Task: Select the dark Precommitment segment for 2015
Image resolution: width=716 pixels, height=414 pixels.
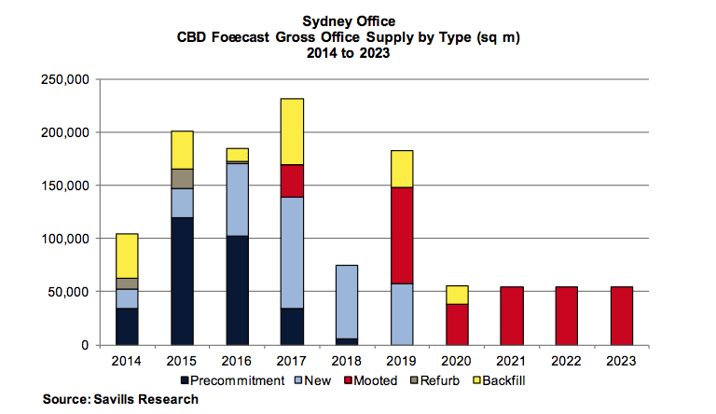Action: pyautogui.click(x=181, y=281)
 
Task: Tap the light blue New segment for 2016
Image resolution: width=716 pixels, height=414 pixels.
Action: pyautogui.click(x=237, y=200)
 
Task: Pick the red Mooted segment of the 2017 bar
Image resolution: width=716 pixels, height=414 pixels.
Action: pyautogui.click(x=292, y=181)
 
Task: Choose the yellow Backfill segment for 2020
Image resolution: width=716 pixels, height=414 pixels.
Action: pyautogui.click(x=457, y=295)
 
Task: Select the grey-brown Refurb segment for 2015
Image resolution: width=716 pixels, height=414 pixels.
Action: pyautogui.click(x=181, y=178)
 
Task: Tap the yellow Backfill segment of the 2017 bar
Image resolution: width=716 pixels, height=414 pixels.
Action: pyautogui.click(x=292, y=131)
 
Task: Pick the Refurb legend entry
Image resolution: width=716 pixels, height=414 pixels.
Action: pyautogui.click(x=437, y=380)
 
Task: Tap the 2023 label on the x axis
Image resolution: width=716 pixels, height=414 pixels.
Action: pyautogui.click(x=621, y=360)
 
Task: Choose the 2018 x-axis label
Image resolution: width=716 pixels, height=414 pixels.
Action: pyautogui.click(x=347, y=360)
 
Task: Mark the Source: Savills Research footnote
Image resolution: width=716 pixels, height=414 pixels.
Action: pyautogui.click(x=120, y=399)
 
